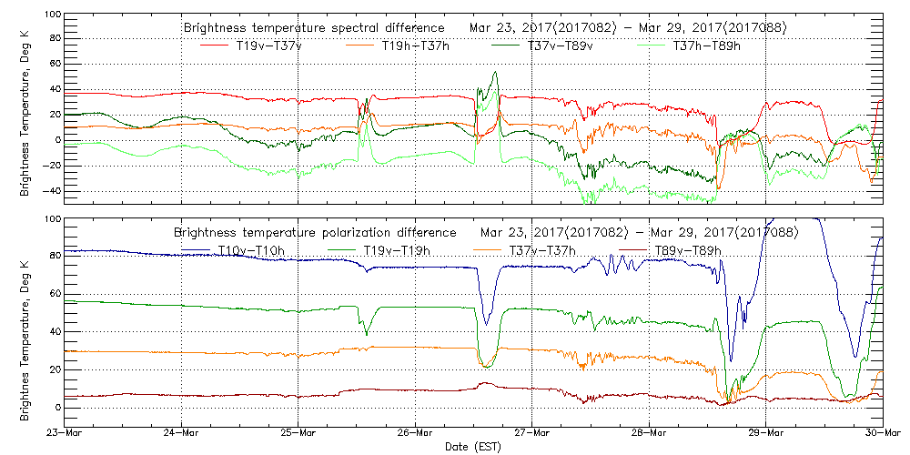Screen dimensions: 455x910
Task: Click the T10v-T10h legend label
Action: [x=250, y=250]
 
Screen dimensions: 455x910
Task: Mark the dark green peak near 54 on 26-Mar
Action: [x=495, y=72]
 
